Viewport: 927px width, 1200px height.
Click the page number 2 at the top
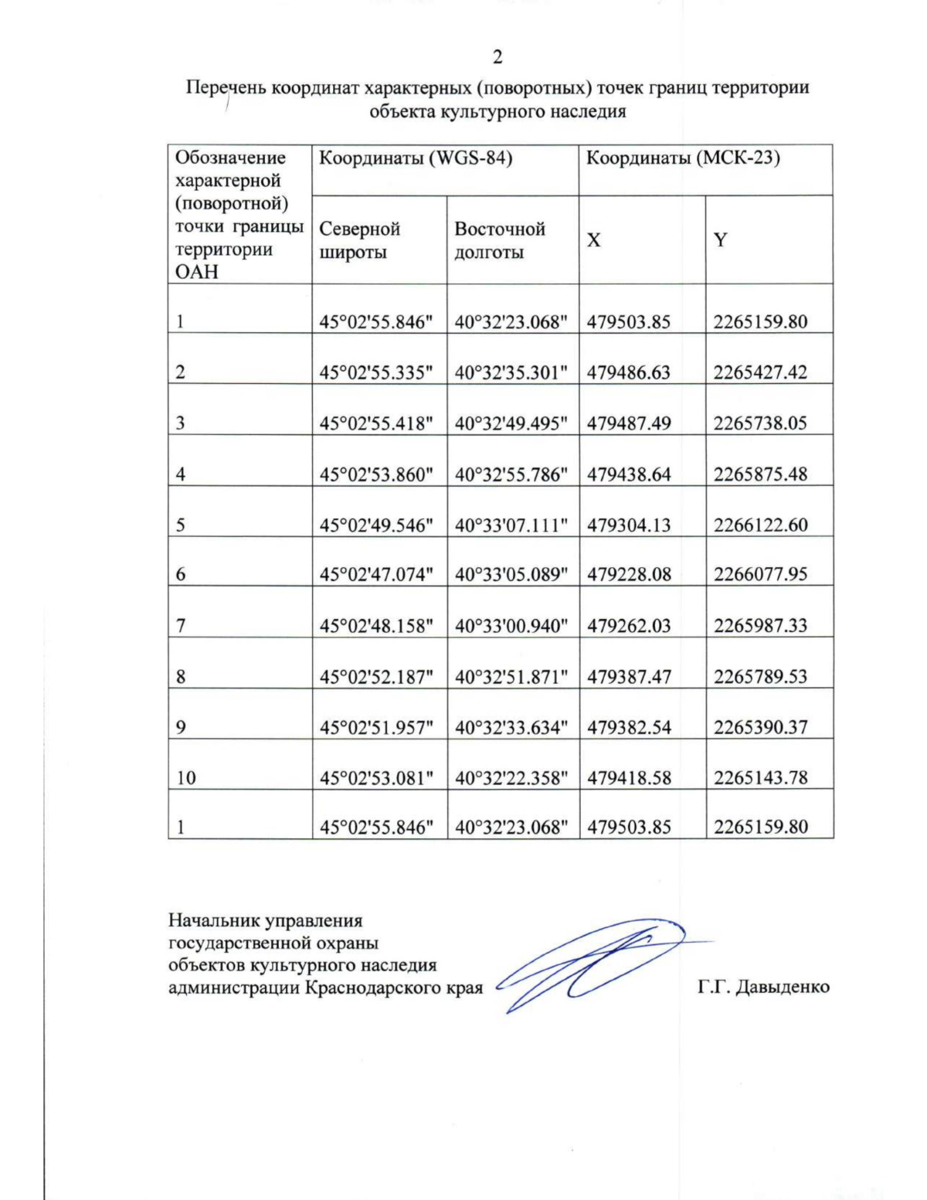pos(497,57)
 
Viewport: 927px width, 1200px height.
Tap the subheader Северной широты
pos(359,240)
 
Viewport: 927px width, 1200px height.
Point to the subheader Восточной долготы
pos(499,240)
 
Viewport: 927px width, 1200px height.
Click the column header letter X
pos(593,240)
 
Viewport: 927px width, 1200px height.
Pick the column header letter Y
pos(720,240)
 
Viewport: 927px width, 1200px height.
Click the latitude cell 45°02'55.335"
pos(376,372)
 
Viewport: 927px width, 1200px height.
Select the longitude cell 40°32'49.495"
pos(511,423)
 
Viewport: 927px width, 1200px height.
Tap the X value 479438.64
pos(629,474)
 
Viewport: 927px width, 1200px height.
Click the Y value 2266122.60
pos(760,525)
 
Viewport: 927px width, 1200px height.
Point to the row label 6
pos(180,575)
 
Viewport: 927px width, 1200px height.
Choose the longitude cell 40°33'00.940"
pos(511,626)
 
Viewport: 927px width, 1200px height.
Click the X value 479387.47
pos(629,677)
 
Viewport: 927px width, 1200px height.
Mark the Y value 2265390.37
pos(760,727)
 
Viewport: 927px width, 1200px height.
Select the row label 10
pos(185,778)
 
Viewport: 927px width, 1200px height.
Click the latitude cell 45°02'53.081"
pos(376,778)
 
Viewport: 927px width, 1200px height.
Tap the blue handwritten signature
pos(595,962)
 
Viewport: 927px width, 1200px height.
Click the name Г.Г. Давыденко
pos(762,988)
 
